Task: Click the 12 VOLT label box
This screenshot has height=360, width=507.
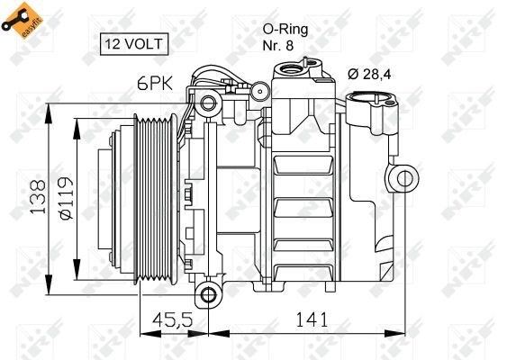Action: (x=131, y=42)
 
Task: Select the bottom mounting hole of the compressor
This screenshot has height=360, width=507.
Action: (x=209, y=294)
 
